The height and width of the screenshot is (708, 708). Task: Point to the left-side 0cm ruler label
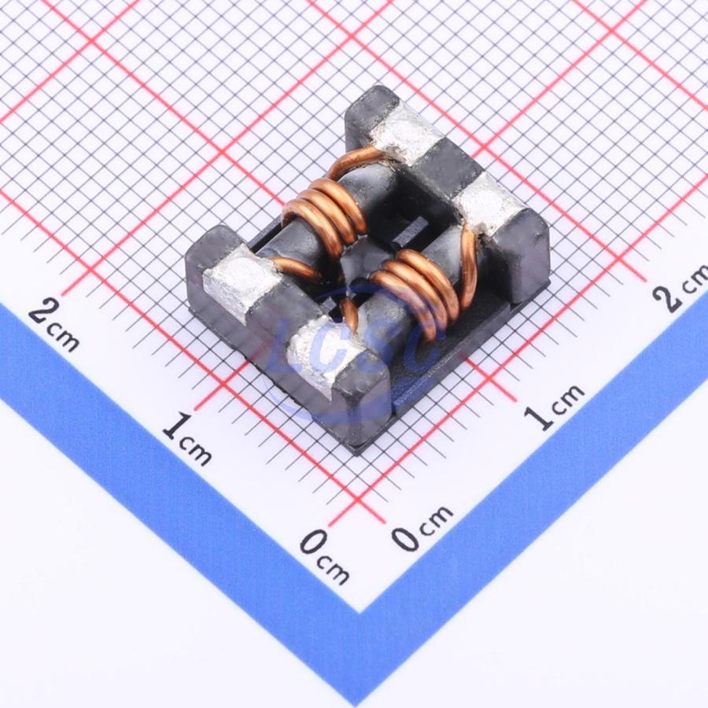point(324,557)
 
